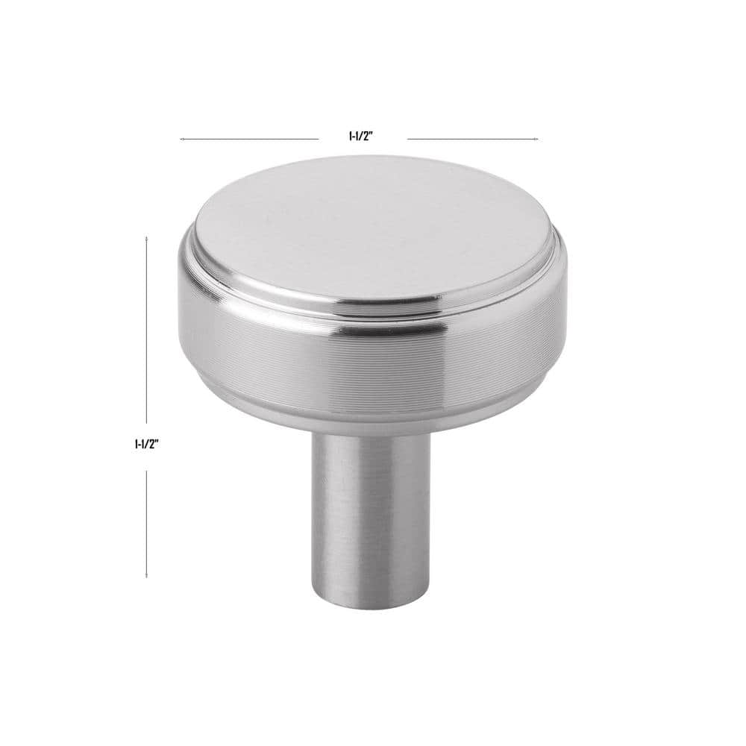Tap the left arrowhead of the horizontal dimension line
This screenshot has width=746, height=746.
[x=182, y=139]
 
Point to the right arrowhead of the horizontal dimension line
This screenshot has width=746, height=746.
[x=536, y=139]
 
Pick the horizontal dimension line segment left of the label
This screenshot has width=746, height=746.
[x=250, y=139]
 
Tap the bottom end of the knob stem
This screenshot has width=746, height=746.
[x=365, y=606]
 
